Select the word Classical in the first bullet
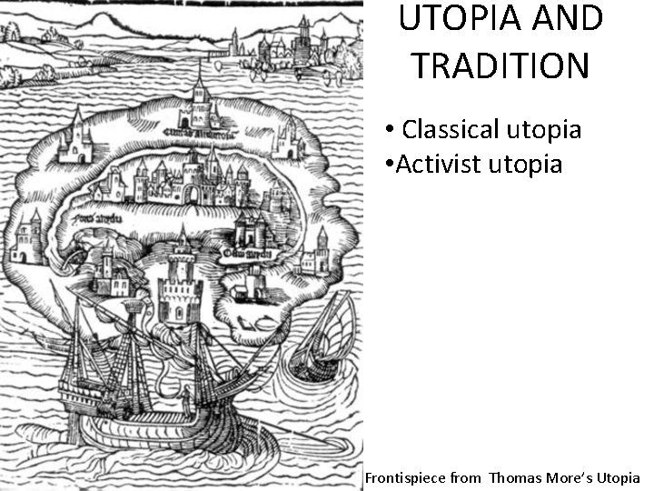click(x=444, y=129)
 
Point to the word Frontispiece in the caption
click(x=406, y=477)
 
